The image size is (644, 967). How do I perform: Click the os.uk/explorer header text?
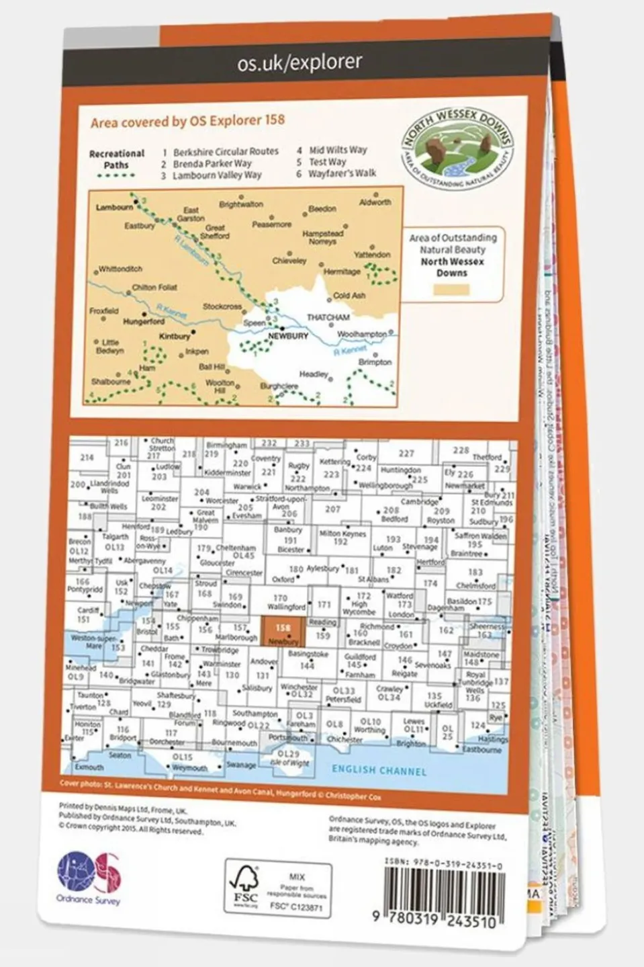click(x=300, y=62)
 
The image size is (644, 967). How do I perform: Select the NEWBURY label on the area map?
click(x=288, y=336)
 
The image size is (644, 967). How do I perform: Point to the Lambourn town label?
click(x=114, y=208)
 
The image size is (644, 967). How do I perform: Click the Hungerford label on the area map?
click(x=144, y=322)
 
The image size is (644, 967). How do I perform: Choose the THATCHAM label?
click(x=328, y=317)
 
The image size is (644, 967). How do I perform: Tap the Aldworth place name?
click(x=375, y=202)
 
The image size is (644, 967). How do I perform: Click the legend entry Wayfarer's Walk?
click(x=342, y=173)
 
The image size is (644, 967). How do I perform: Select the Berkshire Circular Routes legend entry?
click(x=225, y=152)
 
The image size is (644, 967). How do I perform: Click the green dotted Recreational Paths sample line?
click(x=116, y=175)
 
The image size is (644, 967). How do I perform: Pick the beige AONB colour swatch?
click(x=451, y=290)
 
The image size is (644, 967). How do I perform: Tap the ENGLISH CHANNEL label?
click(x=379, y=770)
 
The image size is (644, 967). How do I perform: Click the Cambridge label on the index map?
click(x=420, y=501)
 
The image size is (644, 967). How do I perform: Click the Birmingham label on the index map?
click(x=226, y=445)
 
